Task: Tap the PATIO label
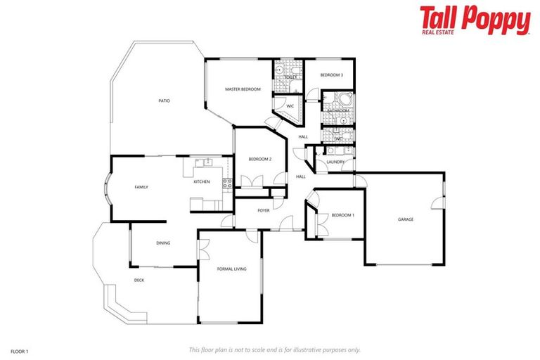(164, 101)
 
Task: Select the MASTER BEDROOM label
(243, 89)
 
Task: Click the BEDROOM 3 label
(331, 75)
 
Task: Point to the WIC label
(289, 106)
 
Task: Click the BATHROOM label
(337, 110)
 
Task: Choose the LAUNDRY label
(335, 162)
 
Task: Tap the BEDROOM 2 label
(259, 159)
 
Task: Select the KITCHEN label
(202, 182)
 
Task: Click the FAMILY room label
(141, 187)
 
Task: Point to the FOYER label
(264, 210)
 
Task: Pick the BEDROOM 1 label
(343, 215)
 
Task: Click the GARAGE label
(406, 219)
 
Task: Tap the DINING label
(163, 243)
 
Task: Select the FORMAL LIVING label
(231, 269)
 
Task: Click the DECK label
(139, 280)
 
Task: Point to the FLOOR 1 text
(19, 349)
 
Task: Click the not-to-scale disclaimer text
(274, 349)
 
